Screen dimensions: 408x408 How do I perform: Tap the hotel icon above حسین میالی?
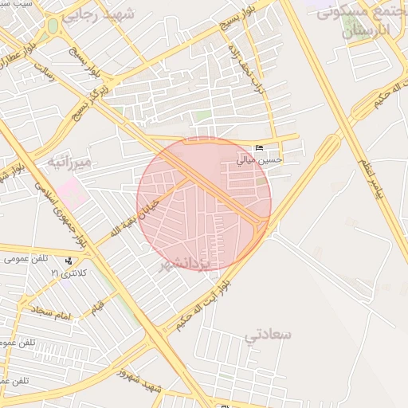[x=260, y=149]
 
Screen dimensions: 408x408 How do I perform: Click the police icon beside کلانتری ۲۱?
[x=70, y=261]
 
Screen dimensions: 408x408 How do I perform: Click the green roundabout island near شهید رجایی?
[x=53, y=25]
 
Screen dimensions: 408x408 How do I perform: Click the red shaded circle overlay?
[x=204, y=204]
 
